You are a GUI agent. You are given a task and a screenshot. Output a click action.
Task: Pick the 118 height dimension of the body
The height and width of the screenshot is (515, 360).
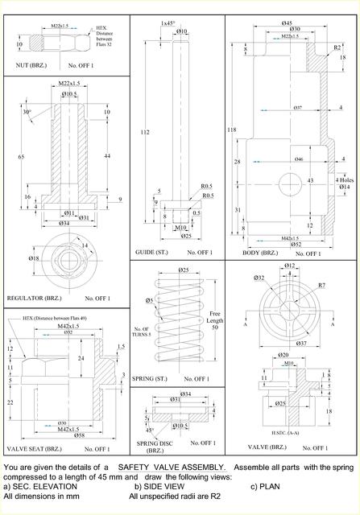pos(232,130)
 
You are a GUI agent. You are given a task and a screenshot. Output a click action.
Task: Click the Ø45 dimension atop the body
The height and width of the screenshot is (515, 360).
pos(286,23)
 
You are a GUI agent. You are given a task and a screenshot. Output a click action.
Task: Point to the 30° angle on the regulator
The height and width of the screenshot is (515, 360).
pos(27,112)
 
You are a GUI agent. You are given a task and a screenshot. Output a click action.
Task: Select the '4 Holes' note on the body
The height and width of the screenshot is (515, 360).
pos(343,179)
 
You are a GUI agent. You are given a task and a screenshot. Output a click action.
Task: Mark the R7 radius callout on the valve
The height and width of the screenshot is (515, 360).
pos(321,286)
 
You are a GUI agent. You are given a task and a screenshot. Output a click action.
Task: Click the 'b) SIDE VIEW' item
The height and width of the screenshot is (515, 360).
pos(156,486)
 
